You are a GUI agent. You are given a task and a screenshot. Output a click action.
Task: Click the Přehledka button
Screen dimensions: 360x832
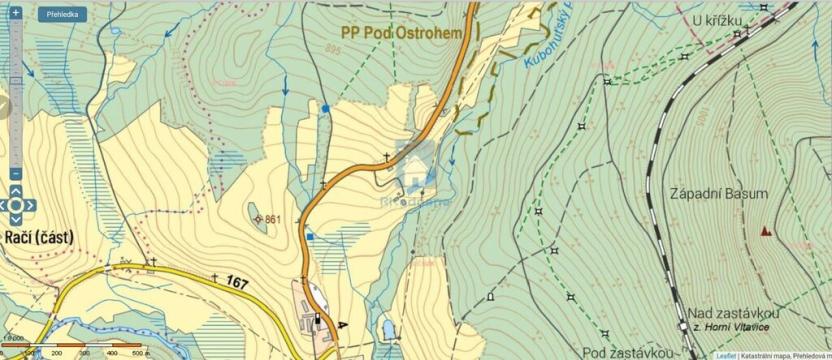click(62, 15)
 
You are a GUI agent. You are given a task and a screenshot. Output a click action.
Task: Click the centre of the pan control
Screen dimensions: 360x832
click(16, 205)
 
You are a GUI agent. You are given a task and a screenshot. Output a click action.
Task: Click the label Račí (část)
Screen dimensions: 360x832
click(37, 237)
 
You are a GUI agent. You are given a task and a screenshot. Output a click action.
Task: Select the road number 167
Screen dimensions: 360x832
click(237, 284)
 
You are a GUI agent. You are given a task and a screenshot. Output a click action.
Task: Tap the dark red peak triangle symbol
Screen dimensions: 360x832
click(766, 231)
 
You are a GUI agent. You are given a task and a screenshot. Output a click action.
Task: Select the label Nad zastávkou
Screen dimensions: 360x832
click(734, 313)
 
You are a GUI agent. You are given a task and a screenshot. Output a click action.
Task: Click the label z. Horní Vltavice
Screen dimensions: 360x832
click(736, 328)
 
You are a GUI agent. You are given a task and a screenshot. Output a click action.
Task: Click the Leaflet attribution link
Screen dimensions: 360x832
click(726, 355)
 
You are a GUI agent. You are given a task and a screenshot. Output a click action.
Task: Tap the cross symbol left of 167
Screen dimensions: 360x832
click(214, 278)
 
